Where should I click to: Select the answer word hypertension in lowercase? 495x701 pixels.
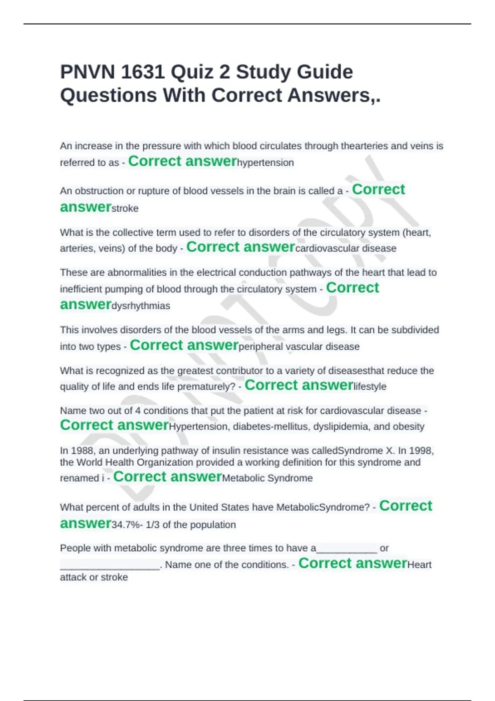pos(266,163)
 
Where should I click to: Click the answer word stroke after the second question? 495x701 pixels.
pos(125,209)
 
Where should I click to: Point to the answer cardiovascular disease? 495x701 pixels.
pos(346,249)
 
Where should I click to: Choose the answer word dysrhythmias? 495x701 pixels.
pos(141,306)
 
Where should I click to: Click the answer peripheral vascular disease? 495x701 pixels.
pos(299,347)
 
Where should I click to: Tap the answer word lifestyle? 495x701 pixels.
pos(370,387)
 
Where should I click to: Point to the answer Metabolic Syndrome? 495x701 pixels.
pos(267,478)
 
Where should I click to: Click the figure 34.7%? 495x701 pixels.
pos(125,525)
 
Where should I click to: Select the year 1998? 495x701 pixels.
pos(421,451)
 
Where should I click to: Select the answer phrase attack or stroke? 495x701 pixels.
pos(94,577)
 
